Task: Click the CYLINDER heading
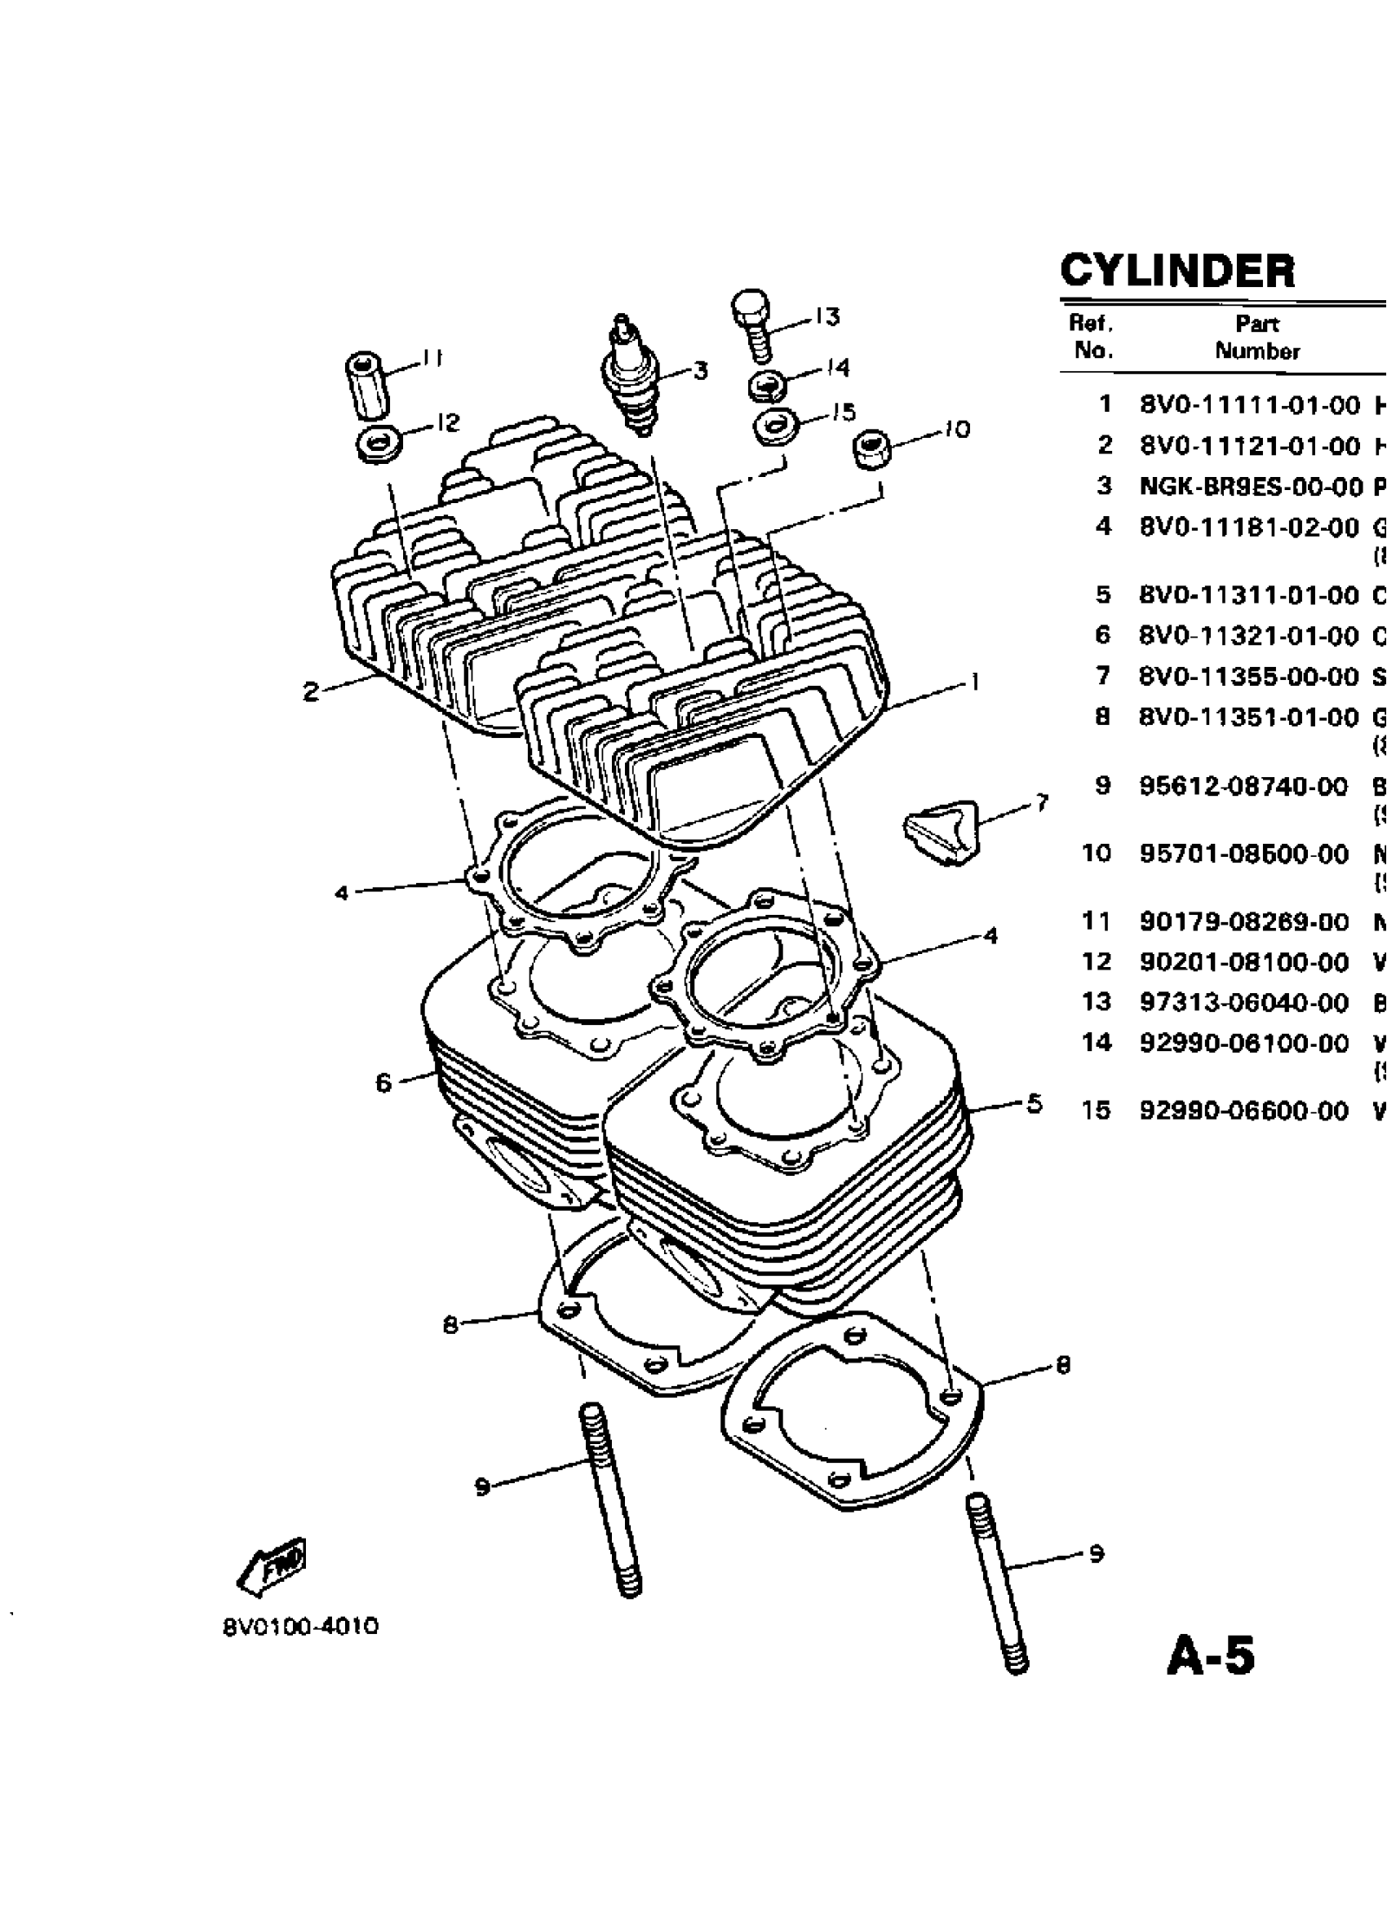[1177, 271]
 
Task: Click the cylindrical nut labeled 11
[367, 386]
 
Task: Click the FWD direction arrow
[272, 1566]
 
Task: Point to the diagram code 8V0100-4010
[300, 1627]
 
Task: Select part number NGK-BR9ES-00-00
[1250, 486]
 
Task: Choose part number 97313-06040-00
[1244, 1003]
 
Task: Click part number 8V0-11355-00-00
[1249, 677]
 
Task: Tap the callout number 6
[383, 1083]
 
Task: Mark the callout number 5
[1035, 1103]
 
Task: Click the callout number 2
[311, 692]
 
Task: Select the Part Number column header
[1256, 338]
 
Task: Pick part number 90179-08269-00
[1244, 922]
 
